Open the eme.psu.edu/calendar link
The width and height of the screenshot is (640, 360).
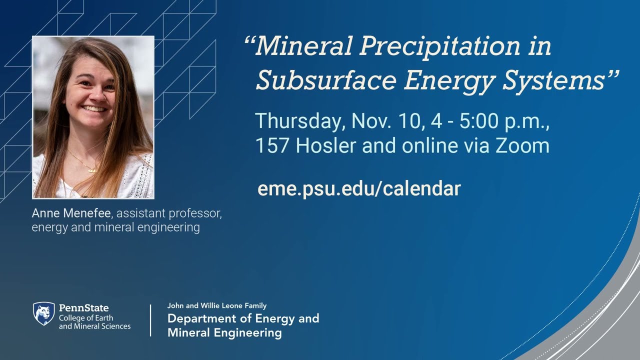pos(358,189)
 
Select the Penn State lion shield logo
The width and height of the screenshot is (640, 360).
pos(43,314)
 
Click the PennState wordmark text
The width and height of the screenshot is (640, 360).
pos(83,308)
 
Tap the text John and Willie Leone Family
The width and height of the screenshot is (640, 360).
pos(217,305)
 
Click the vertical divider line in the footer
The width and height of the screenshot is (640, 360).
pos(150,320)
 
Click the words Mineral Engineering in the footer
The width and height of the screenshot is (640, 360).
pos(224,332)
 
